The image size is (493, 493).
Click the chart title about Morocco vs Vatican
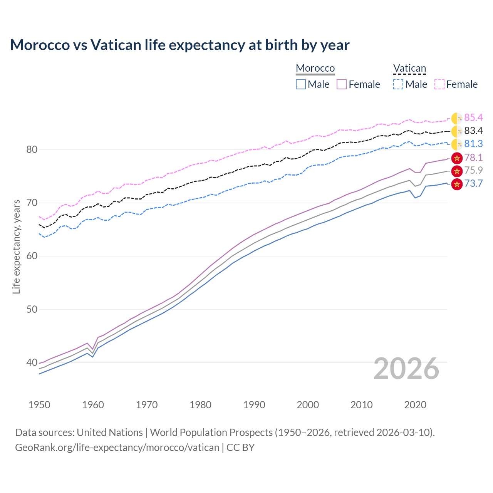[x=179, y=45]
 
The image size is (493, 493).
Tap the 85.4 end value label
[x=473, y=118]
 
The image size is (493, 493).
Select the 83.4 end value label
[x=473, y=131]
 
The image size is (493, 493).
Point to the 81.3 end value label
[x=473, y=144]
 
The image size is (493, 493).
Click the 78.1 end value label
[x=473, y=158]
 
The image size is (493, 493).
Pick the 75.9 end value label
[x=473, y=171]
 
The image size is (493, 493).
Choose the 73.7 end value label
[x=473, y=184]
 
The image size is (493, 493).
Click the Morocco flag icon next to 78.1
[x=457, y=158]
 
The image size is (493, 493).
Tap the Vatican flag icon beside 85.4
[x=457, y=118]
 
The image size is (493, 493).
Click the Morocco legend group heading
[x=315, y=69]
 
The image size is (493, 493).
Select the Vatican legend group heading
[x=409, y=69]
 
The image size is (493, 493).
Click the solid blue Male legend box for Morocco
[x=301, y=84]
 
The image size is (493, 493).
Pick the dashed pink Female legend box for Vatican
[x=439, y=84]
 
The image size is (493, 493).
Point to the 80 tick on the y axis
[x=32, y=149]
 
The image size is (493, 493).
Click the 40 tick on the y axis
[x=32, y=362]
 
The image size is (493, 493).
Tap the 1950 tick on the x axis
[x=39, y=405]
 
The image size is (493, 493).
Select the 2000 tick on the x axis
[x=308, y=405]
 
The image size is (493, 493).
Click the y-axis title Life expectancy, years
[x=16, y=246]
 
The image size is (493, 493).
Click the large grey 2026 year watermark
[x=406, y=369]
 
